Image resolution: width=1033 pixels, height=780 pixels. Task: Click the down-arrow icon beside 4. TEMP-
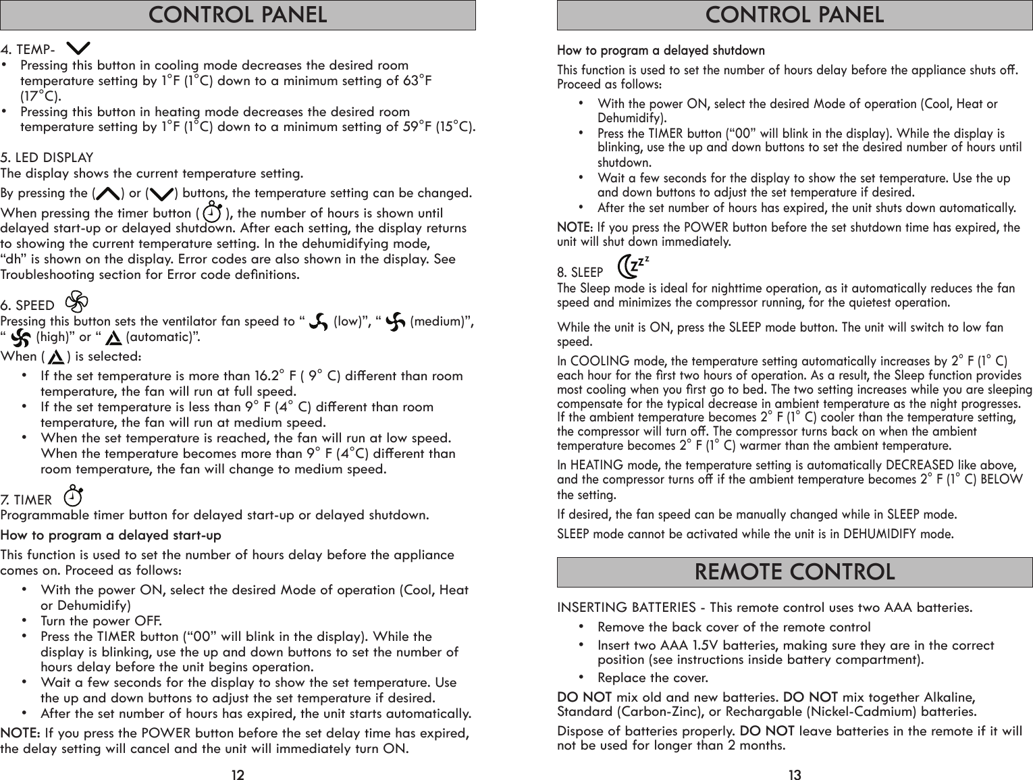(x=80, y=49)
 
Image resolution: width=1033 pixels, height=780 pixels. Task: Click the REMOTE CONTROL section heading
(x=794, y=572)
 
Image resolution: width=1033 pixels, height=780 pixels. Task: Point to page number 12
(x=237, y=775)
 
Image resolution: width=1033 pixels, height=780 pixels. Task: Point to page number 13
(x=795, y=775)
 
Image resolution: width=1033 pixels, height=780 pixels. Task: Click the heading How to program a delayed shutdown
(x=660, y=51)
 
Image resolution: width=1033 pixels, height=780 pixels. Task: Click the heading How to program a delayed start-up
(x=111, y=536)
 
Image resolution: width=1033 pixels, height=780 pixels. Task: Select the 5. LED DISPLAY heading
(x=47, y=158)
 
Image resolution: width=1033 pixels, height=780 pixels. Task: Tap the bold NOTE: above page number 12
(x=20, y=733)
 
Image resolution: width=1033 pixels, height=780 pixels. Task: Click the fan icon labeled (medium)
(x=396, y=320)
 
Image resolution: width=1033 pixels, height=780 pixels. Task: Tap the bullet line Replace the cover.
(x=653, y=677)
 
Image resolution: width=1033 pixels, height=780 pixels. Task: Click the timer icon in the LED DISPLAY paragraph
(x=212, y=212)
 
